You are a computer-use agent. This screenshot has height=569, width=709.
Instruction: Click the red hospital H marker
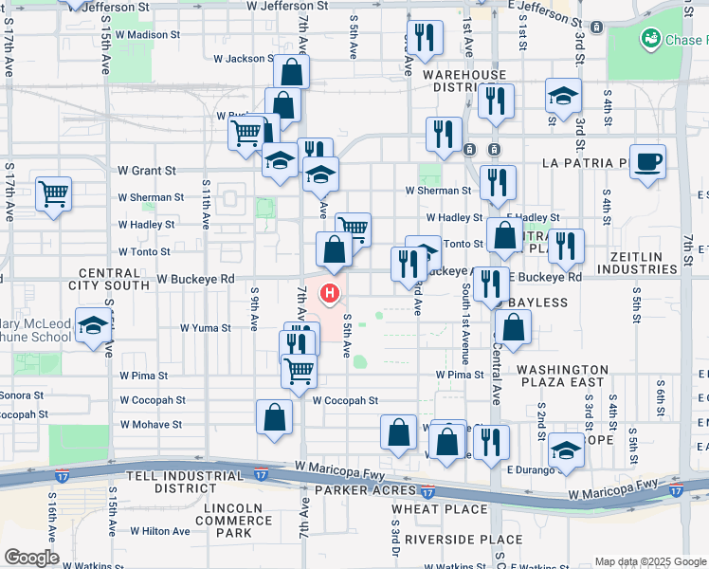[330, 294]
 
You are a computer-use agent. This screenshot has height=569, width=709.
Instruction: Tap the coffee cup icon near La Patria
[647, 161]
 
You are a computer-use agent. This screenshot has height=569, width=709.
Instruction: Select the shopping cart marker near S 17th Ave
[54, 194]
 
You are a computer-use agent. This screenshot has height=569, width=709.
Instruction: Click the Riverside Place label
[449, 539]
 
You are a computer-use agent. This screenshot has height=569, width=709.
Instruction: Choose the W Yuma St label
[206, 328]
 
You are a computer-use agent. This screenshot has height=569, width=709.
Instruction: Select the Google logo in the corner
[31, 558]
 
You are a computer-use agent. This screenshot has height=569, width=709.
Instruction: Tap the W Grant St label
[147, 171]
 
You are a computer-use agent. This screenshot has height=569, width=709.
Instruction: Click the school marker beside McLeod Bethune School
[93, 328]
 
